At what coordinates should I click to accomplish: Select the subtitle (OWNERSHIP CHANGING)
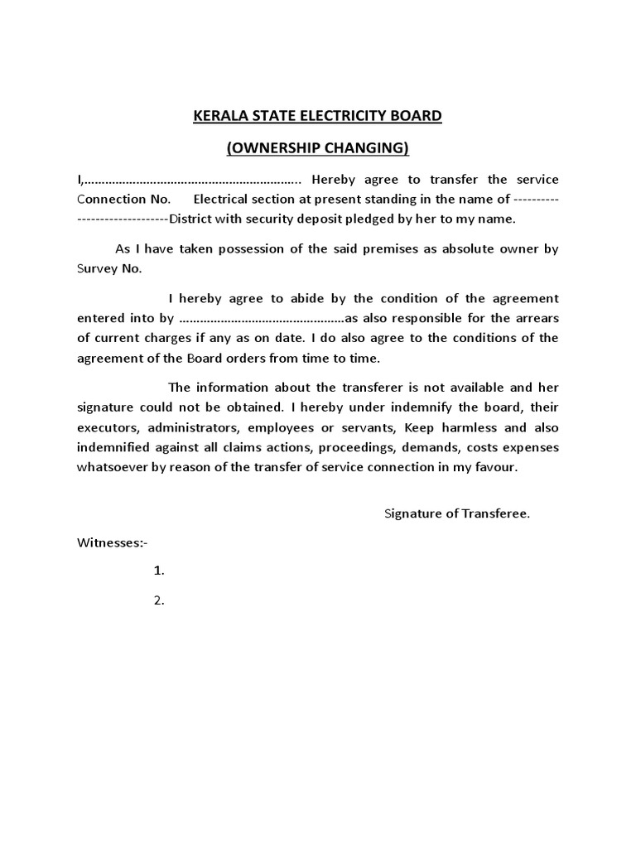[x=318, y=148]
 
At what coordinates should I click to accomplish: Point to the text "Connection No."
[x=123, y=200]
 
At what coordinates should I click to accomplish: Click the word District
[x=192, y=219]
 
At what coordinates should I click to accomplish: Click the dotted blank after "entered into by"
[x=260, y=318]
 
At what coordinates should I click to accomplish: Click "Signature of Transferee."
[x=457, y=513]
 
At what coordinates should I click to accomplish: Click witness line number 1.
[x=160, y=571]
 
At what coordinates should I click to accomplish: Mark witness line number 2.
[x=160, y=601]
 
